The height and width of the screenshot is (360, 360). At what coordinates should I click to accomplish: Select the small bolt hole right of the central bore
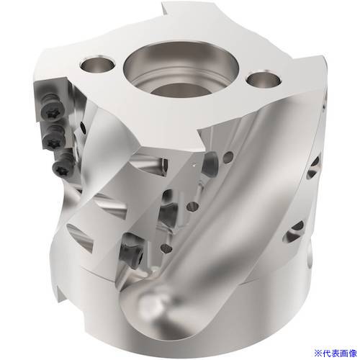pyautogui.click(x=264, y=79)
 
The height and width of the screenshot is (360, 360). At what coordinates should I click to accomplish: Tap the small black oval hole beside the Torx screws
pyautogui.click(x=83, y=127)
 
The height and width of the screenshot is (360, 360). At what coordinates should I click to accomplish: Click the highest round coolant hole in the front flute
pyautogui.click(x=228, y=156)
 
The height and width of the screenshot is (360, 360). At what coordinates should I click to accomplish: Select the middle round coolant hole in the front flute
pyautogui.click(x=192, y=207)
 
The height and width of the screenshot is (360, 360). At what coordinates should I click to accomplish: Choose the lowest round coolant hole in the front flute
pyautogui.click(x=166, y=248)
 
